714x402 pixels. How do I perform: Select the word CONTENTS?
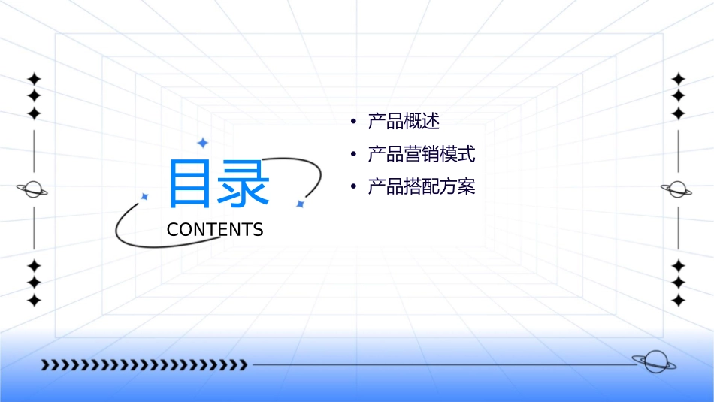(x=215, y=230)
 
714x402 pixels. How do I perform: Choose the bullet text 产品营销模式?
(x=422, y=155)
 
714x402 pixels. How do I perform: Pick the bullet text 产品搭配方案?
(x=422, y=186)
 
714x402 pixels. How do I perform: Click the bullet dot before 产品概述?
(x=353, y=122)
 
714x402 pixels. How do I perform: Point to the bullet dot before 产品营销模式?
(x=353, y=155)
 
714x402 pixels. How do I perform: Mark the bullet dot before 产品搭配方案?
(x=353, y=186)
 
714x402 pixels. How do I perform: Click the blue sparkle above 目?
(x=202, y=142)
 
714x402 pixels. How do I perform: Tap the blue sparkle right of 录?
(x=300, y=204)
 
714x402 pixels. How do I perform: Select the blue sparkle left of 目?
(x=145, y=196)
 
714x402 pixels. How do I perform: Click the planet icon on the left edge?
(x=33, y=189)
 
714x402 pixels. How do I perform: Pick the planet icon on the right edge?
(x=677, y=189)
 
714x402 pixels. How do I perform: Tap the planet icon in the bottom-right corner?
(x=654, y=362)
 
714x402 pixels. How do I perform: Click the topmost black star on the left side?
(x=34, y=78)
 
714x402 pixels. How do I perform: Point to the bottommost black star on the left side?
(x=34, y=300)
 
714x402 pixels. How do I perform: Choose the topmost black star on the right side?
(x=679, y=78)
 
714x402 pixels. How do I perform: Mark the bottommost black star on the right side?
(x=679, y=300)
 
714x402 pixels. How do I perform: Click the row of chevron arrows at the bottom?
(x=144, y=365)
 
